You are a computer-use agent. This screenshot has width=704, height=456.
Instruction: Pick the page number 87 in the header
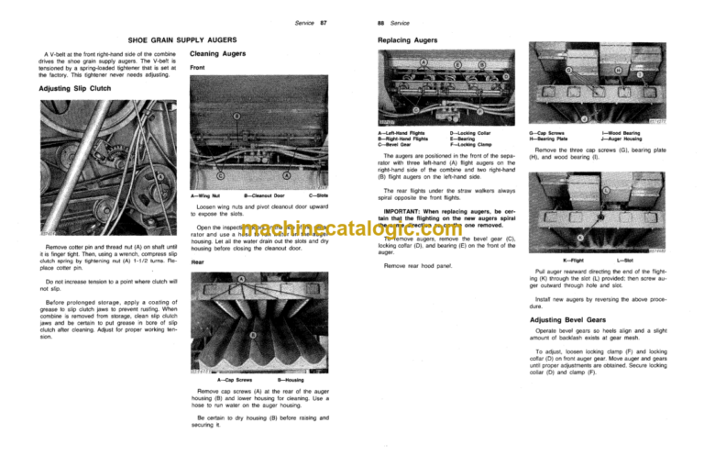(322, 20)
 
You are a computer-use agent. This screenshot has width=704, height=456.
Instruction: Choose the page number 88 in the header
(382, 20)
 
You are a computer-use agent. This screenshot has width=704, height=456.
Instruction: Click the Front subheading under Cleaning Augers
(197, 68)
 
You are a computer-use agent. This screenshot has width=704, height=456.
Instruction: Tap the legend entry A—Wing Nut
(206, 196)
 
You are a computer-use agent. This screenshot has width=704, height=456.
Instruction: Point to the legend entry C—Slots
(317, 196)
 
